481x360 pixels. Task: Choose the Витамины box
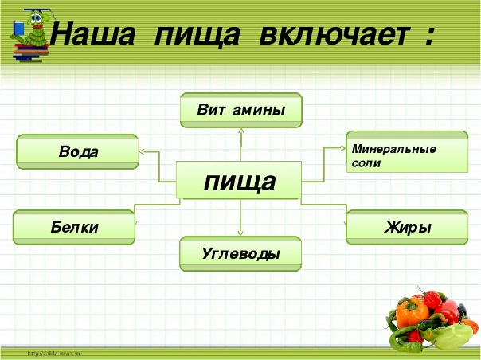(240, 110)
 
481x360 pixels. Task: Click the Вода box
(77, 151)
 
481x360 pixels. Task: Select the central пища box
(239, 181)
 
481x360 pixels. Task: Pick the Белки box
(74, 227)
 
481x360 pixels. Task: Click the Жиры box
(406, 227)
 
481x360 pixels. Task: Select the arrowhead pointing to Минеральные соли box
(343, 147)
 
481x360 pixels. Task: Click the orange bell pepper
(413, 313)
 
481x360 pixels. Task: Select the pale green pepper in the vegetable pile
(452, 335)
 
